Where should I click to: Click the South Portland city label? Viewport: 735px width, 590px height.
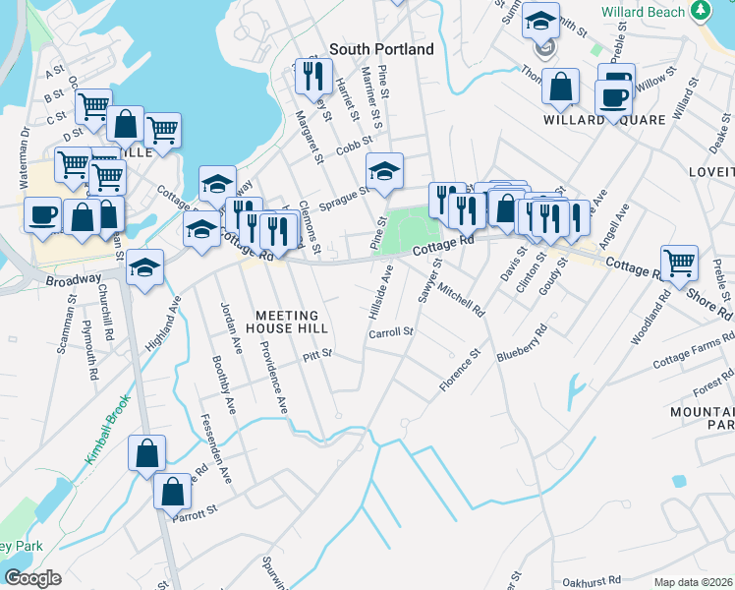[x=381, y=49]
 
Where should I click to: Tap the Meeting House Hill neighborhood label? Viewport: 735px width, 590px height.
[x=286, y=321]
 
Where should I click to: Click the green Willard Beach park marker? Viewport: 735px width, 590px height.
[x=701, y=10]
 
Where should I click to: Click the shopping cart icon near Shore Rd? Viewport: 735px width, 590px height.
[x=679, y=263]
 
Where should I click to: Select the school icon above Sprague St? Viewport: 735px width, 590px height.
[x=385, y=170]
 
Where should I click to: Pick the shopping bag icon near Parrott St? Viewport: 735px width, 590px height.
[x=172, y=490]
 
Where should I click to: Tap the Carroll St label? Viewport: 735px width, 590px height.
[x=390, y=333]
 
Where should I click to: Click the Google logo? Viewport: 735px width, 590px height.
[x=32, y=578]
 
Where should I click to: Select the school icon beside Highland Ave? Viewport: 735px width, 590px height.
[x=144, y=266]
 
